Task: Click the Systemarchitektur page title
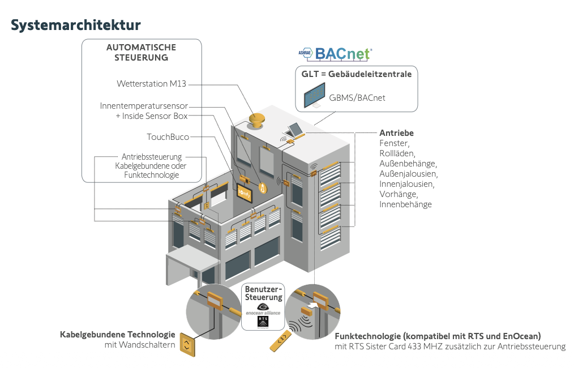click(x=75, y=25)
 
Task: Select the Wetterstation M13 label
click(x=151, y=84)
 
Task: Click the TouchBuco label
click(x=168, y=136)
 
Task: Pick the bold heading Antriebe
click(x=396, y=133)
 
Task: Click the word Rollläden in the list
click(x=397, y=153)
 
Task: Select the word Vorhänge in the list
click(x=398, y=194)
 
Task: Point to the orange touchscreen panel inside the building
click(x=245, y=192)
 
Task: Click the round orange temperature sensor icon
click(x=262, y=187)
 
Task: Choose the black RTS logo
click(x=263, y=321)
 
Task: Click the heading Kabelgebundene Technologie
click(x=118, y=335)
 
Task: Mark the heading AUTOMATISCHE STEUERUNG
click(x=141, y=53)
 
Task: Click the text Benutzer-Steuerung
click(x=263, y=293)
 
